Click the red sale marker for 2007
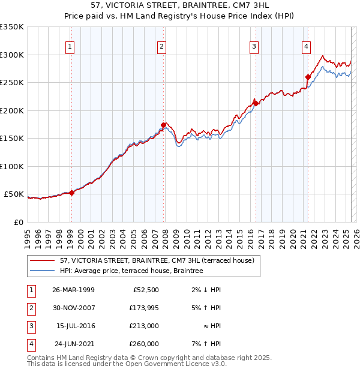[163, 125]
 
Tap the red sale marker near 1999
[71, 193]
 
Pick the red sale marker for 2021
[307, 77]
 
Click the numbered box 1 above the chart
[71, 46]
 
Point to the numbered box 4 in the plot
[306, 46]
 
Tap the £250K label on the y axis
[11, 83]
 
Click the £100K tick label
[11, 166]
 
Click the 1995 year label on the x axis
[28, 235]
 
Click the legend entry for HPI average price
[131, 271]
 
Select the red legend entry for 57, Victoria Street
[157, 260]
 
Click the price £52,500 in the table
[146, 290]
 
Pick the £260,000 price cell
[144, 344]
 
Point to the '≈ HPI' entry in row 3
[211, 326]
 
